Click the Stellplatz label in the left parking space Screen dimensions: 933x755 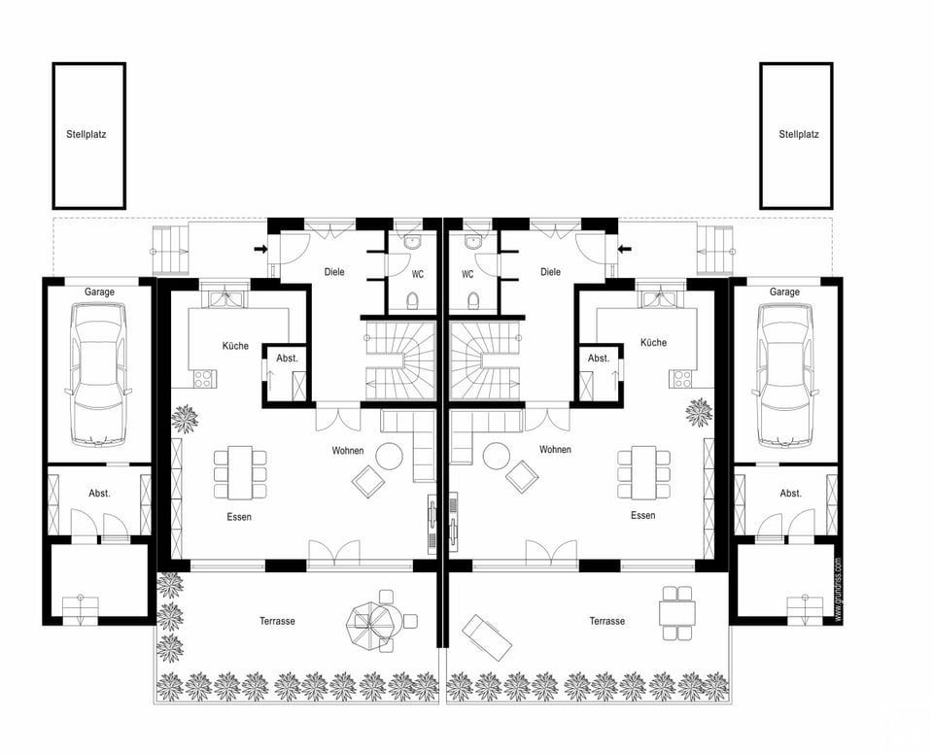tap(86, 134)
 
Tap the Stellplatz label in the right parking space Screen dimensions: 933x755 tap(799, 134)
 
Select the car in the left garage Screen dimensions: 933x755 tap(99, 374)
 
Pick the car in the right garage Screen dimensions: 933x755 tap(784, 374)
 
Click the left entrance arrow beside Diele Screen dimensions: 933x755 tap(260, 249)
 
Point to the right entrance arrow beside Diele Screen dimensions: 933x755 tap(624, 249)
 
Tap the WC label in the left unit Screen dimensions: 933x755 tap(418, 275)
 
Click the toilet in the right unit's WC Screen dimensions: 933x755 tap(473, 300)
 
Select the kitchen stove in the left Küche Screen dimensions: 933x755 tap(204, 379)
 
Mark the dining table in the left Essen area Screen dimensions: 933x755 tap(240, 472)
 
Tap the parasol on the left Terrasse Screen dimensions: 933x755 tap(370, 623)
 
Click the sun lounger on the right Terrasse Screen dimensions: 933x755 tap(487, 637)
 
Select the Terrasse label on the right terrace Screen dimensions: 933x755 tap(606, 621)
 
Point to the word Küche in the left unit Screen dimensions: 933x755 tap(235, 346)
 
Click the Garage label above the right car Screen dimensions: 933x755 tap(784, 292)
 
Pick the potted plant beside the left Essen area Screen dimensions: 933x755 tap(185, 419)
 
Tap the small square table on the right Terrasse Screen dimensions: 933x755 tap(677, 613)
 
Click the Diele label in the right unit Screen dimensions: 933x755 tap(550, 272)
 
